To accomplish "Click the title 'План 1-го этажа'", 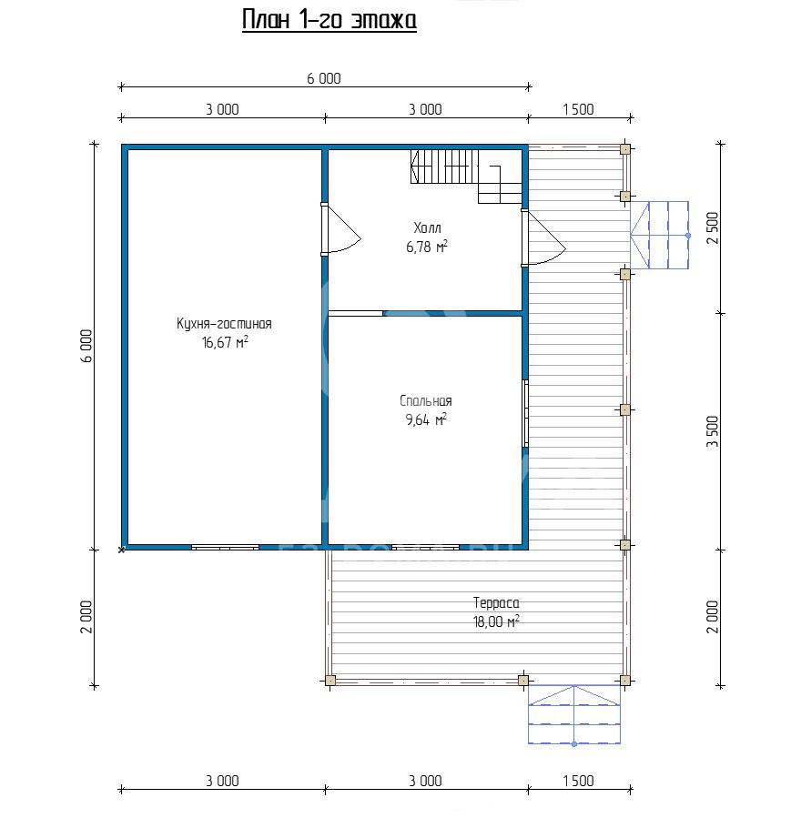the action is pyautogui.click(x=330, y=21).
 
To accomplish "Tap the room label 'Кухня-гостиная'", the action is pyautogui.click(x=224, y=324).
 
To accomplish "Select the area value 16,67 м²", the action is pyautogui.click(x=225, y=342).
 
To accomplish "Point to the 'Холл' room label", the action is pyautogui.click(x=427, y=228).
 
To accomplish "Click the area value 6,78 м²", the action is pyautogui.click(x=427, y=247).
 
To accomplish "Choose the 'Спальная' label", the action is pyautogui.click(x=426, y=401).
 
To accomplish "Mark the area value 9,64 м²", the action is pyautogui.click(x=426, y=419).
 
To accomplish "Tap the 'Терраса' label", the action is pyautogui.click(x=496, y=603).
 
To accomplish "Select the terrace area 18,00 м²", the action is pyautogui.click(x=496, y=621).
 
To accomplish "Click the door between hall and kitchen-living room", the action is pyautogui.click(x=340, y=229).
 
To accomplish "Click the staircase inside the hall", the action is pyautogui.click(x=466, y=177).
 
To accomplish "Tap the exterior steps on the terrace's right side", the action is pyautogui.click(x=660, y=236).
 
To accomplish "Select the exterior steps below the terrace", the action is pyautogui.click(x=574, y=714).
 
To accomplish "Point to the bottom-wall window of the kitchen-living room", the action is pyautogui.click(x=225, y=547).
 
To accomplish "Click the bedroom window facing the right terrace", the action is pyautogui.click(x=525, y=414).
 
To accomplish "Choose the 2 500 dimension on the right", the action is pyautogui.click(x=713, y=228).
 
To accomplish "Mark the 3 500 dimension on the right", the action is pyautogui.click(x=713, y=431).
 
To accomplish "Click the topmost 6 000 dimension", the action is pyautogui.click(x=324, y=79).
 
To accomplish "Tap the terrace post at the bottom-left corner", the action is pyautogui.click(x=330, y=681).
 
